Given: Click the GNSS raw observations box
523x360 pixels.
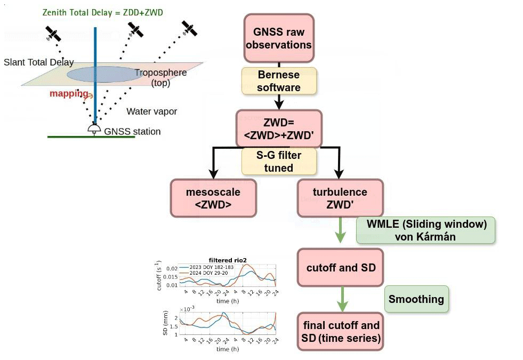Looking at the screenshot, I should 279,38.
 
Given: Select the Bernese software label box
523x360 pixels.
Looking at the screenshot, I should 279,81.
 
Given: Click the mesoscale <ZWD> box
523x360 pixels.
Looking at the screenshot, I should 213,198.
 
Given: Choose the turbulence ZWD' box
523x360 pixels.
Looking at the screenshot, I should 340,198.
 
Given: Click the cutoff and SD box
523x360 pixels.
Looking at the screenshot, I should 341,267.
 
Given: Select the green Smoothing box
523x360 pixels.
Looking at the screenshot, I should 416,299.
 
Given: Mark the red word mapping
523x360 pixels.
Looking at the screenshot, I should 69,94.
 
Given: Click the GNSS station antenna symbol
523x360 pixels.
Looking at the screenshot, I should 94,129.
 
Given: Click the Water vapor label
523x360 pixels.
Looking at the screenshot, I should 151,111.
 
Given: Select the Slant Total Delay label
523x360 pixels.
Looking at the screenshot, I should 38,62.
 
